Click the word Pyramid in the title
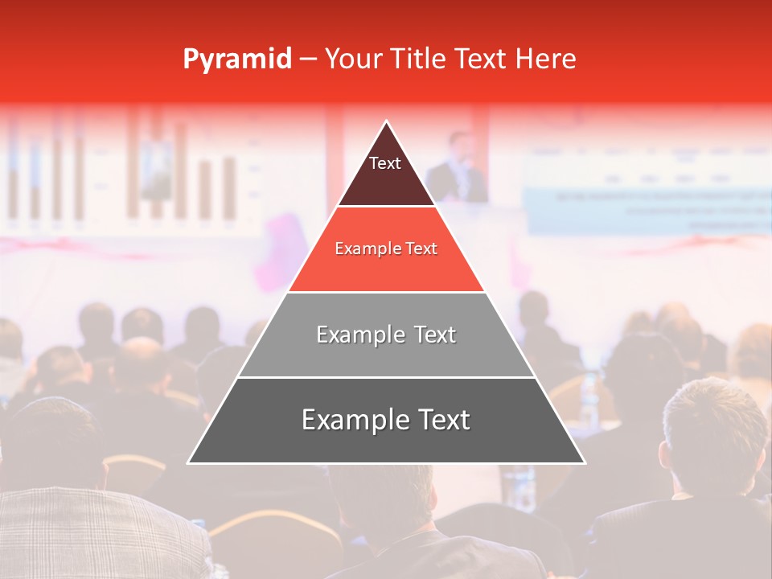coord(236,60)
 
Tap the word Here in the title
coord(545,59)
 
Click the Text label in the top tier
coord(385,163)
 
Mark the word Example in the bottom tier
coord(351,420)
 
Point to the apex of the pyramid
coord(387,121)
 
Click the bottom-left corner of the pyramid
coord(189,462)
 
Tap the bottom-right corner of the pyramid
coord(584,462)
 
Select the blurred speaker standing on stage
coord(458,169)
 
